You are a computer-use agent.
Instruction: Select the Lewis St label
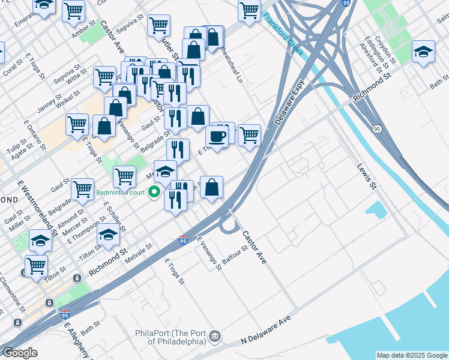(x=367, y=177)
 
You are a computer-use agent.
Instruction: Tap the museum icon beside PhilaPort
(x=215, y=337)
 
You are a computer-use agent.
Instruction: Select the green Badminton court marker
(x=154, y=193)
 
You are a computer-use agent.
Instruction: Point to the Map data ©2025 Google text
(x=411, y=355)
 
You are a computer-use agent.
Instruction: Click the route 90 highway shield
(x=376, y=129)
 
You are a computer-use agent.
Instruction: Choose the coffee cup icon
(x=217, y=136)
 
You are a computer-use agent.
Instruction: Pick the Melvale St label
(x=140, y=250)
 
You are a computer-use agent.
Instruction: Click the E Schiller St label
(x=114, y=216)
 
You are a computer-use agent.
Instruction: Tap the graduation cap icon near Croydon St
(x=423, y=51)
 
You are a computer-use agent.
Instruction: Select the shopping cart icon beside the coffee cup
(x=249, y=135)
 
